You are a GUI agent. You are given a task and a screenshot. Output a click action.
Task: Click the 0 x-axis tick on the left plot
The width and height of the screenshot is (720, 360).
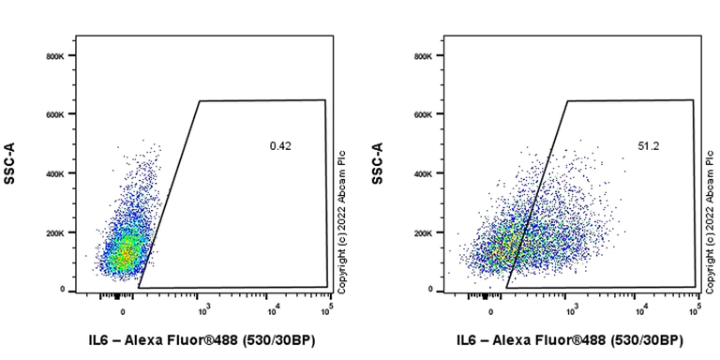point(123,308)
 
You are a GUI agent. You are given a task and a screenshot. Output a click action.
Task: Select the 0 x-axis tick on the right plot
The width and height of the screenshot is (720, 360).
point(490,308)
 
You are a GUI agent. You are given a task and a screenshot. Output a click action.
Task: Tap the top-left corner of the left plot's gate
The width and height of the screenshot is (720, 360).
point(200,100)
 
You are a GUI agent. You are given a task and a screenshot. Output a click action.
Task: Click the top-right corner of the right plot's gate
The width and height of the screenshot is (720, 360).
point(693,99)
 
